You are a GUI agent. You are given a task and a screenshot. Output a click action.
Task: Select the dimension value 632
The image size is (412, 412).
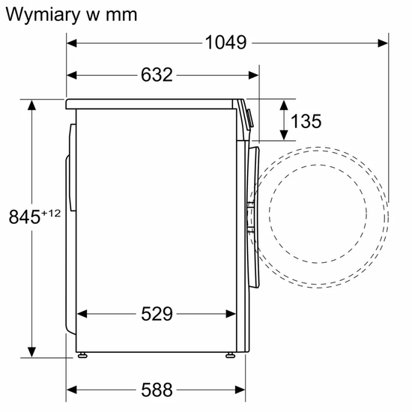pyautogui.click(x=157, y=75)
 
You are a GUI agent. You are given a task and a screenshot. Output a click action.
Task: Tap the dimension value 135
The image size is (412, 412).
pyautogui.click(x=306, y=121)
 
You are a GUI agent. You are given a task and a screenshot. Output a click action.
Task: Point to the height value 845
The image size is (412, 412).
pyautogui.click(x=23, y=217)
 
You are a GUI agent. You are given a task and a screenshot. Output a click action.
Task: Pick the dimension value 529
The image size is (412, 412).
pyautogui.click(x=157, y=314)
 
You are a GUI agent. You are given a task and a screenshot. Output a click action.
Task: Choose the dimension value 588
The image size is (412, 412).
pyautogui.click(x=157, y=390)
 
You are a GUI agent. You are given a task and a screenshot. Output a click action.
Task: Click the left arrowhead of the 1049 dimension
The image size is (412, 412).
pyautogui.click(x=72, y=43)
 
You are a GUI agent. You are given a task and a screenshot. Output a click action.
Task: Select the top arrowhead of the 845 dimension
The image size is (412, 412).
pyautogui.click(x=32, y=105)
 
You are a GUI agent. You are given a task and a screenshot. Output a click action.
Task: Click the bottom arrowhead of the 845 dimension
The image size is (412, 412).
pyautogui.click(x=32, y=352)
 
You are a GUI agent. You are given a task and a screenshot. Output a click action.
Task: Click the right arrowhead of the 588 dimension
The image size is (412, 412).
pyautogui.click(x=241, y=390)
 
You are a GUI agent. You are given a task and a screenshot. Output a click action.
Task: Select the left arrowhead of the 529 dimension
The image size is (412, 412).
pyautogui.click(x=82, y=314)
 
